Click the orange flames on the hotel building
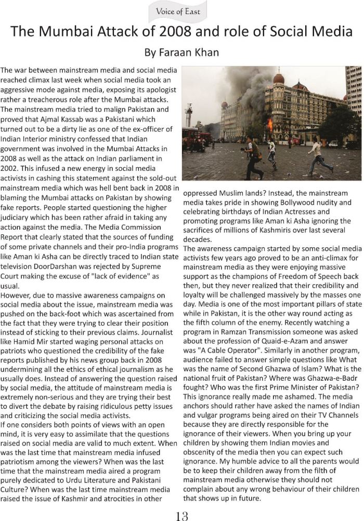269,124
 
